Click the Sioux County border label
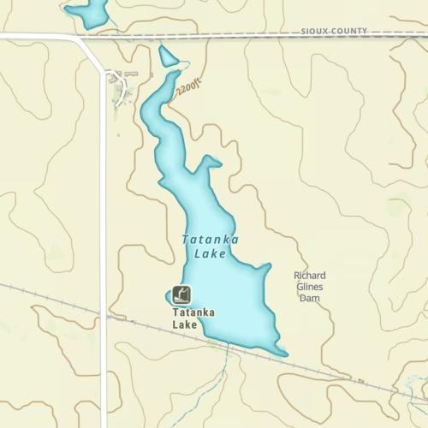(334, 31)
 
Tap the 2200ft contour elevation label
(188, 86)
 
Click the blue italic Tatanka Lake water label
(210, 247)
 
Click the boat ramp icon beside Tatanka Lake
(181, 295)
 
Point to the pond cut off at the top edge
(88, 12)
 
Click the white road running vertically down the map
(104, 257)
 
